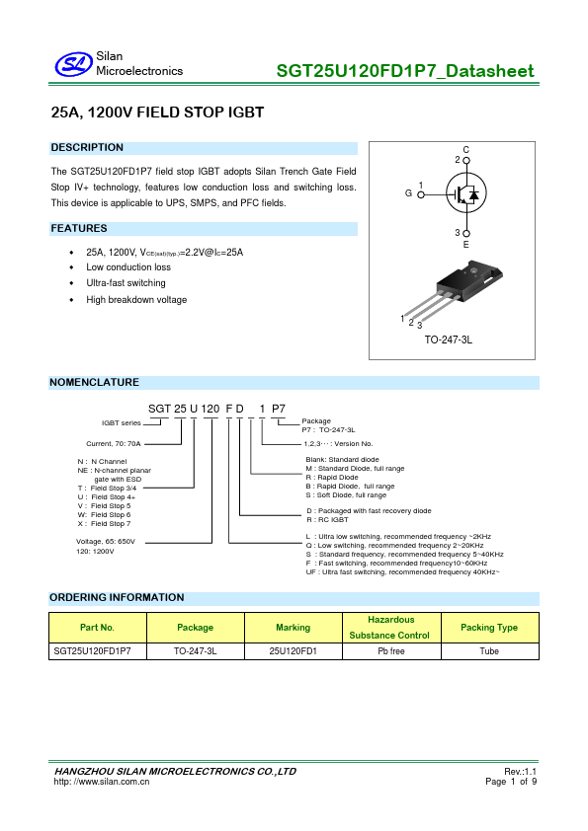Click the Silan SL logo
[x=74, y=64]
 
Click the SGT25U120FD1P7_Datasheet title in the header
[x=405, y=71]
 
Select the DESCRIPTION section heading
[x=87, y=147]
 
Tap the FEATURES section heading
[x=79, y=228]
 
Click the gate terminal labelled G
[x=408, y=193]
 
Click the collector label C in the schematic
[x=465, y=150]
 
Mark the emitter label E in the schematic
[x=465, y=245]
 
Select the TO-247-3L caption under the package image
[x=449, y=340]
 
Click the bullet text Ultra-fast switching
[x=126, y=283]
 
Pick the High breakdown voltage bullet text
[x=136, y=299]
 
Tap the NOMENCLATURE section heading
[x=95, y=382]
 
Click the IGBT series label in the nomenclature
[x=121, y=423]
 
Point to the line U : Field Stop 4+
[x=106, y=497]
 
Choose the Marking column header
[x=293, y=628]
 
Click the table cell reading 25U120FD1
[x=293, y=650]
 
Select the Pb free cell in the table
[x=391, y=650]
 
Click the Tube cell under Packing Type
[x=489, y=650]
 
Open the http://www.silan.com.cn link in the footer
[x=102, y=782]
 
